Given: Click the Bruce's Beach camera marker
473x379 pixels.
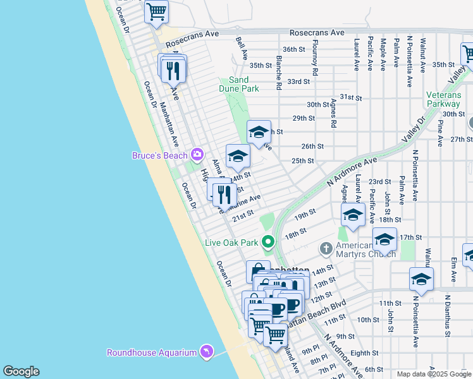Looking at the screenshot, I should [197, 155].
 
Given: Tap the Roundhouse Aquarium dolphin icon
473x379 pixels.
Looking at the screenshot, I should [206, 352].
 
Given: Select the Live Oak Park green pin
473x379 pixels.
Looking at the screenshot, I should [269, 242].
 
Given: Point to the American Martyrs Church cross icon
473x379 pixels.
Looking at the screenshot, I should [326, 247].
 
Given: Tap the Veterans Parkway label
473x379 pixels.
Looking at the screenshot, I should [443, 99].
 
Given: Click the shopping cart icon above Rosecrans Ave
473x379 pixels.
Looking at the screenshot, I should [156, 11].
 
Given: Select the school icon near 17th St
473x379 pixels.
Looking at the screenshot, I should [384, 240].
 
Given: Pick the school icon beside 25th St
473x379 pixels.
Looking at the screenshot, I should [238, 156].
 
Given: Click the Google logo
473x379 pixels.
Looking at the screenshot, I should [21, 371].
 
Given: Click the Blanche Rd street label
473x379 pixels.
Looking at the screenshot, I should [278, 70].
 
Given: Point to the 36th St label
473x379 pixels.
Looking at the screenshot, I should [293, 49].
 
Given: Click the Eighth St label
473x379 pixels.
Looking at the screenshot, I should [365, 353].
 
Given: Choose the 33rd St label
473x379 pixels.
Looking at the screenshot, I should [298, 81].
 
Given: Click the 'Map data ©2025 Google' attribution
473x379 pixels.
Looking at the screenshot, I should [434, 374].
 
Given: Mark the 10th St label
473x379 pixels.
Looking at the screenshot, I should [367, 320].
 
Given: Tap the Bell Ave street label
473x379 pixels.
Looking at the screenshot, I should [241, 49].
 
